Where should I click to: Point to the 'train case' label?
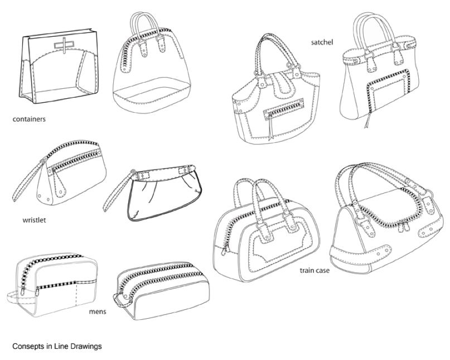click(314, 271)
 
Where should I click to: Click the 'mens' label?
click(98, 311)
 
